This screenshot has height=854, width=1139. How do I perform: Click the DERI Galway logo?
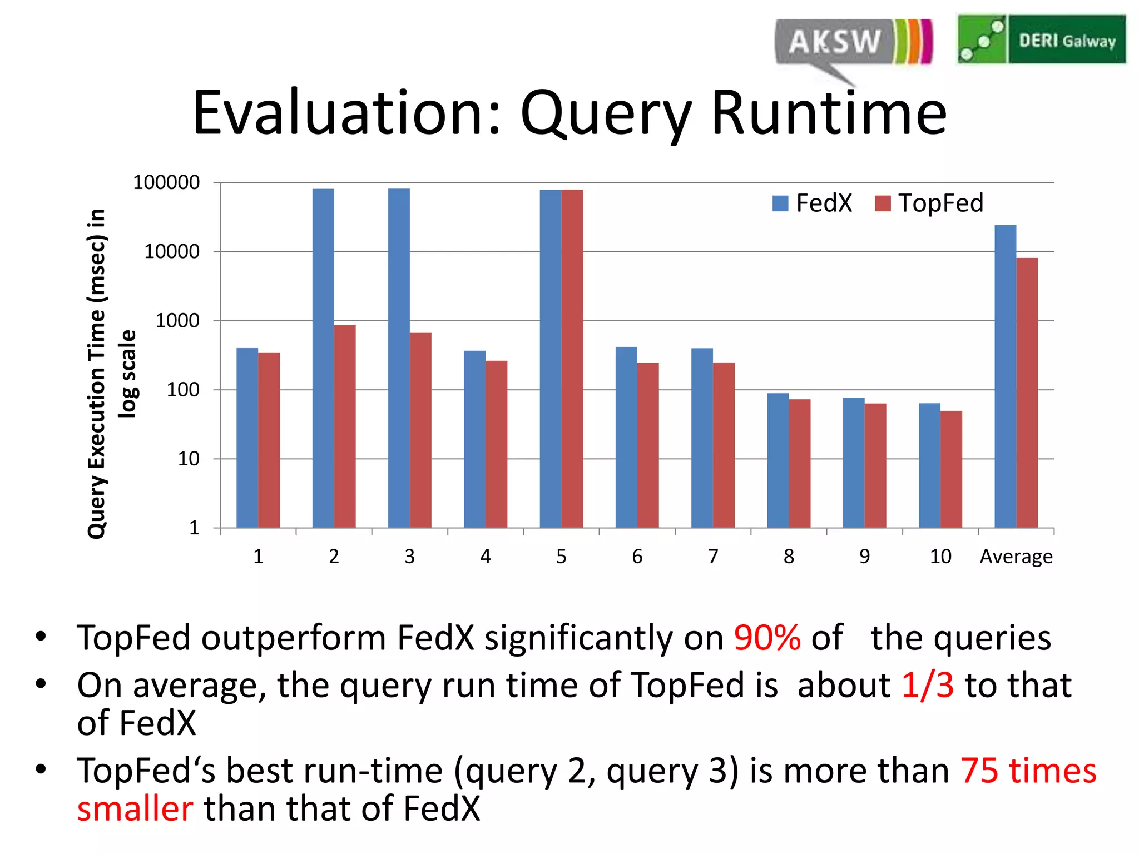click(x=1041, y=39)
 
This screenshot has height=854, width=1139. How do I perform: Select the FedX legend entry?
click(x=812, y=203)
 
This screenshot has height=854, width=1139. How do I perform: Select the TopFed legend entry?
click(x=929, y=203)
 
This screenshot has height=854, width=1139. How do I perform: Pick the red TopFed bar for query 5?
click(x=572, y=358)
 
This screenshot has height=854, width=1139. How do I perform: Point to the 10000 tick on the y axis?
click(x=172, y=252)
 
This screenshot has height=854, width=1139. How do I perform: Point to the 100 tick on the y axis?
click(x=183, y=390)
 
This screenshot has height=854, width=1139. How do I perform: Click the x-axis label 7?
click(x=713, y=557)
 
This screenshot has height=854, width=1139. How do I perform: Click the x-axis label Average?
click(x=1016, y=557)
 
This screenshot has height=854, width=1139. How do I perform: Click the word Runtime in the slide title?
click(x=829, y=113)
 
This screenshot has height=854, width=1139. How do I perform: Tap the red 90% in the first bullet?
click(x=767, y=638)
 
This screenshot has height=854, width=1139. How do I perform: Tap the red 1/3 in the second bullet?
click(x=927, y=685)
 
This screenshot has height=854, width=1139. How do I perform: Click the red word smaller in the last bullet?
click(x=135, y=809)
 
